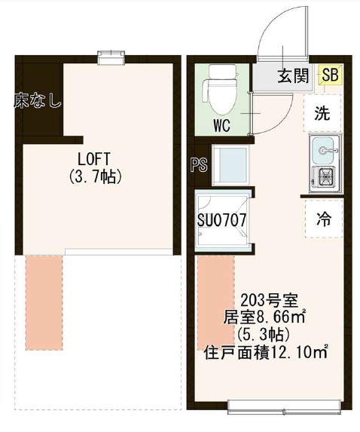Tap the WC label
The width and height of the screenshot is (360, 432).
coord(221,124)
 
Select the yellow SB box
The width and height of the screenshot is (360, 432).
coord(329,75)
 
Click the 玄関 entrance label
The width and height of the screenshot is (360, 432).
coord(291,75)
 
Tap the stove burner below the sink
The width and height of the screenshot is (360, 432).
coord(325,179)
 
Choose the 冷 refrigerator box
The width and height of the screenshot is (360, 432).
coord(324,221)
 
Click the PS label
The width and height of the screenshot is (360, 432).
coord(199,165)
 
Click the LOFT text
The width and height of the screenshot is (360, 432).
coord(94,160)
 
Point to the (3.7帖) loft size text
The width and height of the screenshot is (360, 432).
coord(94,177)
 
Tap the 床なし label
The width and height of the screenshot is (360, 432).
coord(37,100)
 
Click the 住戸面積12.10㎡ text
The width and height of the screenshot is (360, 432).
coord(265,351)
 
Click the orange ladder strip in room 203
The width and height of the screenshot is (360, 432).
coord(215,302)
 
